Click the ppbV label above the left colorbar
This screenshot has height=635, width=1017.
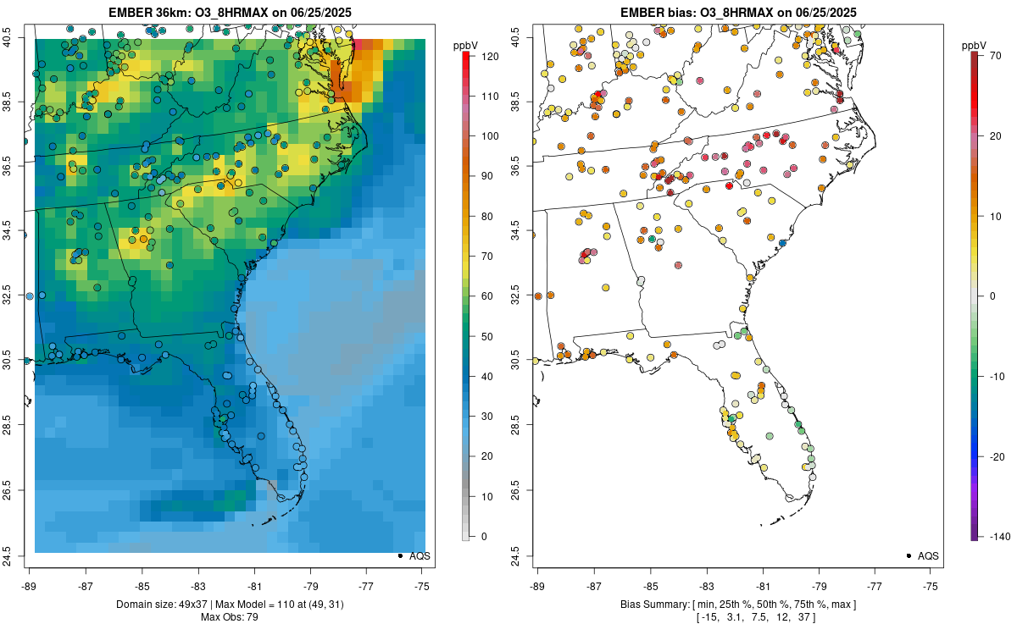point(466,44)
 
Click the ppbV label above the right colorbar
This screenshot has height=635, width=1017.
point(974,44)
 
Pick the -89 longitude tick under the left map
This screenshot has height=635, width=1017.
point(29,586)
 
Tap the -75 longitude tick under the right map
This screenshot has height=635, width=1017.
point(931,586)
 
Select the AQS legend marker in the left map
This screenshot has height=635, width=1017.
point(400,555)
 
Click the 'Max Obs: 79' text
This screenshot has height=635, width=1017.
point(229,617)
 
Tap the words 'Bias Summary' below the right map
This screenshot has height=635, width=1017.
point(649,605)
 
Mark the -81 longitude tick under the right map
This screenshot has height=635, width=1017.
point(763,586)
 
